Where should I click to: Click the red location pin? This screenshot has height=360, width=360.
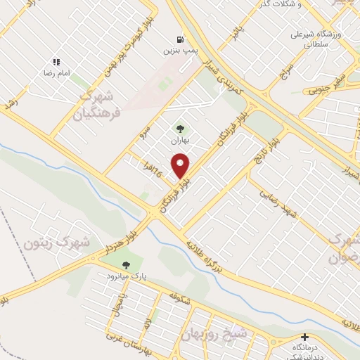tap(181, 166)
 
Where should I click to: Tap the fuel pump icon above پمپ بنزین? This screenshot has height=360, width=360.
tap(181, 39)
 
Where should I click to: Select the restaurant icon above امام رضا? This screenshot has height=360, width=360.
tap(56, 62)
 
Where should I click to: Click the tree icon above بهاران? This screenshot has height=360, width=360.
tap(180, 129)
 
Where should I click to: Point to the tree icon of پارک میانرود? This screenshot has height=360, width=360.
tap(126, 265)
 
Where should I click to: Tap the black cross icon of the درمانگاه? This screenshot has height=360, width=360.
tap(304, 337)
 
